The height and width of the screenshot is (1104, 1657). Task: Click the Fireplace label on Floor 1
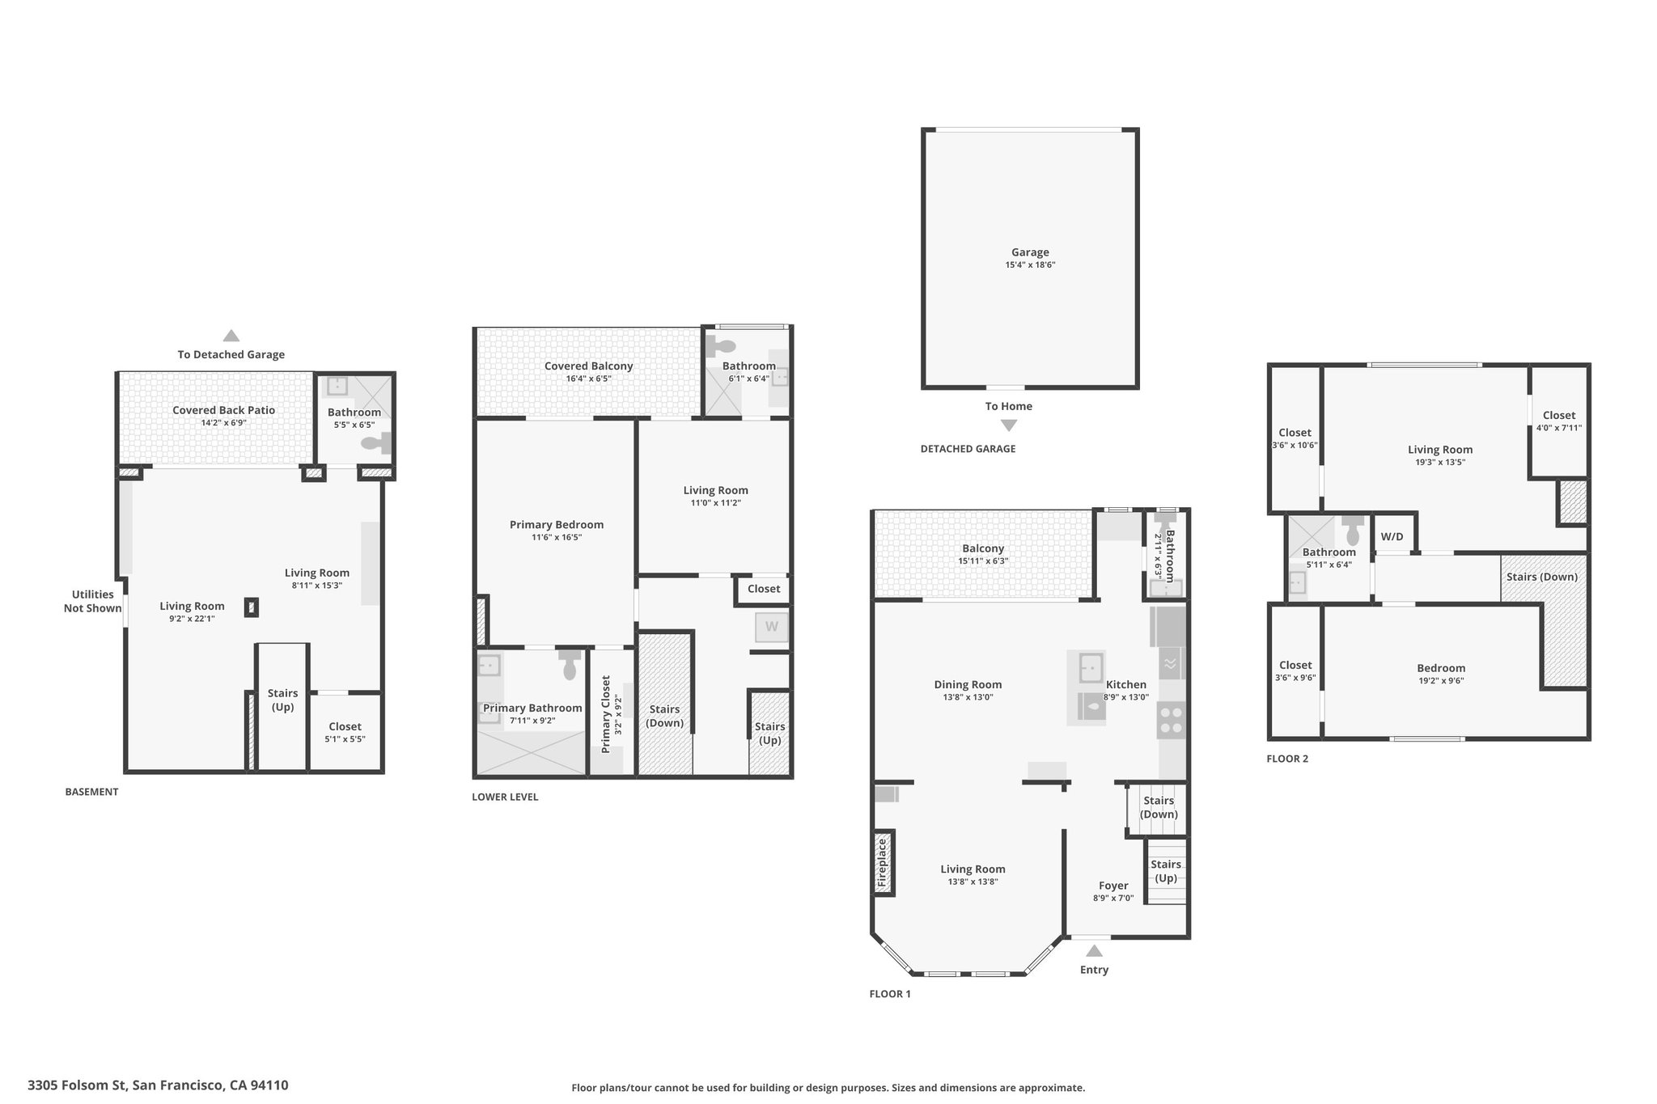(883, 863)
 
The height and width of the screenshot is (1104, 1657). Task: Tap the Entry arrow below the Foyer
(1094, 951)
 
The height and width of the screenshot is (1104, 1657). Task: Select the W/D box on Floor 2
(1392, 536)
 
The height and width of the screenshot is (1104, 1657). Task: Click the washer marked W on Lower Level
(772, 627)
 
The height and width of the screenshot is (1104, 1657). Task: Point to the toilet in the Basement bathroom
(376, 442)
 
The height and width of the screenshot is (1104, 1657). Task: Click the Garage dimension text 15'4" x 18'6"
(1030, 265)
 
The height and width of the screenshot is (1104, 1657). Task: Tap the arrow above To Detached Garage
(231, 336)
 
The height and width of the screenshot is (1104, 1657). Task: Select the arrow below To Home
(1009, 425)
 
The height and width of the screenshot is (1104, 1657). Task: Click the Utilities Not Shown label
(92, 601)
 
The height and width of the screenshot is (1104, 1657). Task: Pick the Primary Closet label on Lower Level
(606, 714)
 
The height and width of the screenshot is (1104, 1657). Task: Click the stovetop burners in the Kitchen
(1172, 721)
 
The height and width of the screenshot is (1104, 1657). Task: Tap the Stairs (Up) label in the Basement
(282, 700)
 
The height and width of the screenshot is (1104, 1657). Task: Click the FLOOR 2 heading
(1287, 759)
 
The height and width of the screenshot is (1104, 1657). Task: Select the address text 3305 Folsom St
(77, 1085)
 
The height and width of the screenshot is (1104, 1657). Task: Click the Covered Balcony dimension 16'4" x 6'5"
(588, 379)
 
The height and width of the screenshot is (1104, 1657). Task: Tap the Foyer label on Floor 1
(1113, 886)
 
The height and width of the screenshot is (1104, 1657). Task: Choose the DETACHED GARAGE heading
(968, 449)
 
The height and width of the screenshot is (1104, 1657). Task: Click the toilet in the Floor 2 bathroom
(1352, 530)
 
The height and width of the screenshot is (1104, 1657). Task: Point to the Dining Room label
(968, 685)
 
